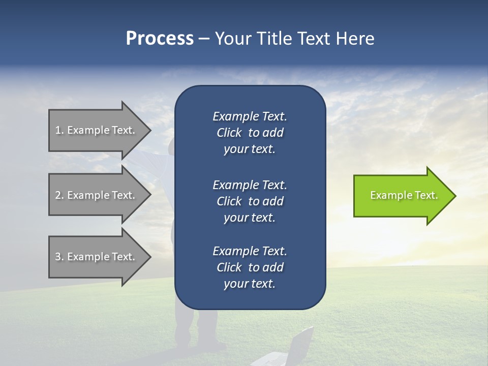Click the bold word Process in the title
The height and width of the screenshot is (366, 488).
pos(160,39)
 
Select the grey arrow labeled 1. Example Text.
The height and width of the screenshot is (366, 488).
pos(97,130)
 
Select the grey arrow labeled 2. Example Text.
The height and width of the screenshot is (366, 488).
pos(97,195)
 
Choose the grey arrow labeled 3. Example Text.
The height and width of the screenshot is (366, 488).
pos(97,257)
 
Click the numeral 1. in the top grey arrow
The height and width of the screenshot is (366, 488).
pos(59,130)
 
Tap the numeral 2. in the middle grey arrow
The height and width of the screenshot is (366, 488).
pos(59,195)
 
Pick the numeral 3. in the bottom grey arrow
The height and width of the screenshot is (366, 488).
pos(59,257)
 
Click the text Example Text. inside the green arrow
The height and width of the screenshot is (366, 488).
pos(404,195)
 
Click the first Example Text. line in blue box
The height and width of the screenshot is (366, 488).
pos(250,116)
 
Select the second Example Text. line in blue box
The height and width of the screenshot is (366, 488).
pos(250,185)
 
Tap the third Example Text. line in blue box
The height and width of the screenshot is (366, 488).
pos(250,251)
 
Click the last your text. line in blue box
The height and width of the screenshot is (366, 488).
pos(250,284)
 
